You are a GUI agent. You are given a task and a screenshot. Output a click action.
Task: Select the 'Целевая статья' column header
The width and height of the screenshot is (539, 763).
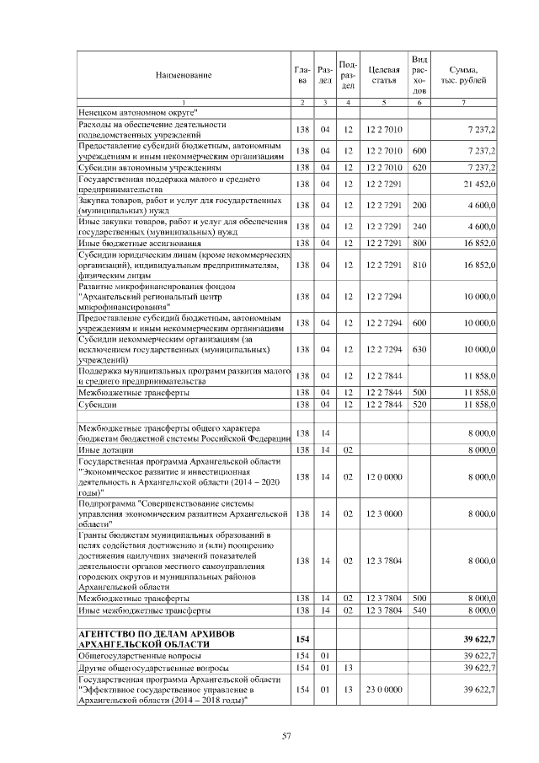coord(383,74)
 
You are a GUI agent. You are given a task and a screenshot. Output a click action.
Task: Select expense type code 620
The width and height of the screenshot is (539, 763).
coord(420,168)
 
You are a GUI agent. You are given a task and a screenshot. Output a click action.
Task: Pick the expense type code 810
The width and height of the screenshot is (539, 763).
coord(420,265)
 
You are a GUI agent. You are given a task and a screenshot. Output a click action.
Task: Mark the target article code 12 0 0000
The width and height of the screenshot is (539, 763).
coord(383,476)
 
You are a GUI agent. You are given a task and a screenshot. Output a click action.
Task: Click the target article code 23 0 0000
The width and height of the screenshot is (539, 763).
coord(383,690)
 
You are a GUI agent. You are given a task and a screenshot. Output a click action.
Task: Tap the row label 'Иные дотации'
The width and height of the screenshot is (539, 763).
coord(102,451)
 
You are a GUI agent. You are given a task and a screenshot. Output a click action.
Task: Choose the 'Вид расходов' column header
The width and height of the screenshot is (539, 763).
coord(420,74)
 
